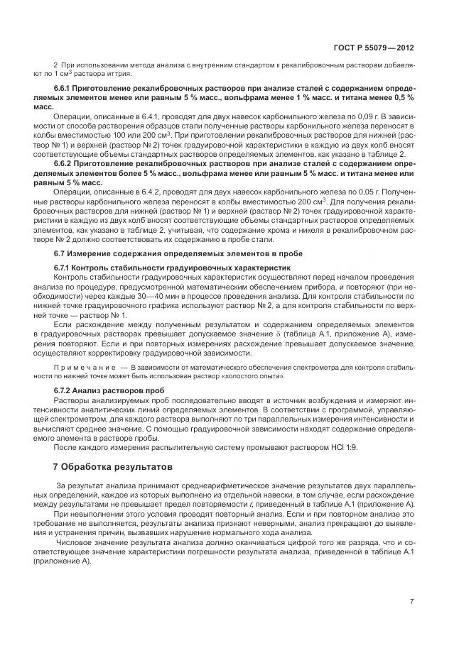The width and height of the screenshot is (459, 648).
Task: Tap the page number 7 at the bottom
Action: (413, 602)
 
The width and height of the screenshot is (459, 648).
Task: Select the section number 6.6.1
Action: (65, 87)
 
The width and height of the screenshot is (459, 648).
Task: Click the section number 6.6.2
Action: (65, 163)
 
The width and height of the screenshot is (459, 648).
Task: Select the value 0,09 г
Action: (372, 114)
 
